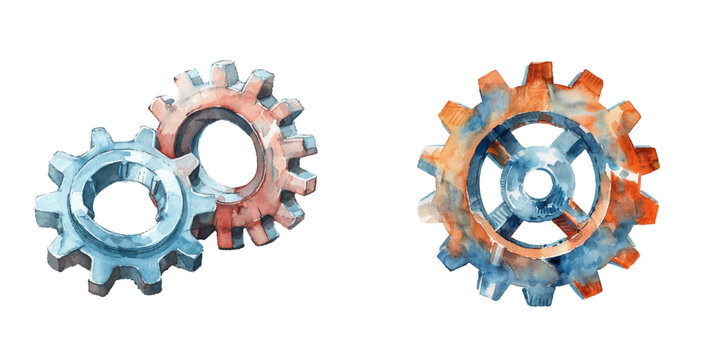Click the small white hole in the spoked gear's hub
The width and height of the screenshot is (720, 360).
pyautogui.click(x=538, y=183)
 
